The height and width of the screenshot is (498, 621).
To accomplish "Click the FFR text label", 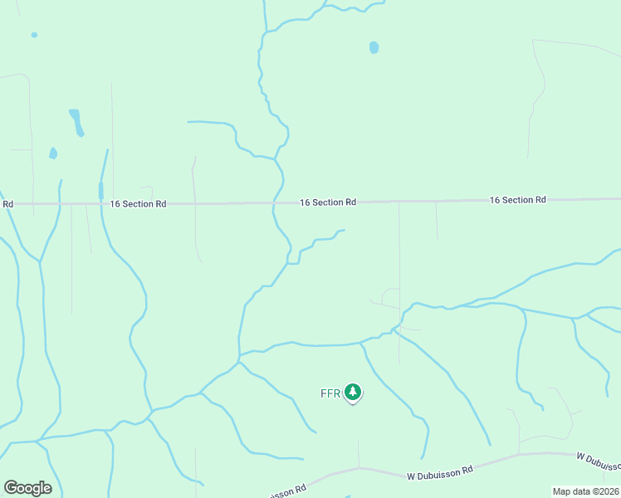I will coord(330,393).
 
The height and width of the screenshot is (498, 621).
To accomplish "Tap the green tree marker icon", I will coord(353,392).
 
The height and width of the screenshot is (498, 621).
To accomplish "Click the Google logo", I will coord(27,488).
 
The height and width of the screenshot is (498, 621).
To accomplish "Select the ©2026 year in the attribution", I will coord(605,491).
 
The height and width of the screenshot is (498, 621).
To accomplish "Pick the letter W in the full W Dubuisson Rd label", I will coord(411,476).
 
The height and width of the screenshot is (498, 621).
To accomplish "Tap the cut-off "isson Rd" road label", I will coord(288,491).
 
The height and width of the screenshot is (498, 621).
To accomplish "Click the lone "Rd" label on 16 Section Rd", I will coord(7,203).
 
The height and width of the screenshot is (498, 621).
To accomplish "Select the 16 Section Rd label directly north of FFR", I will coord(328,202).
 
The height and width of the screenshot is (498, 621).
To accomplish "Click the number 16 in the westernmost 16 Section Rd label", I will coord(115,203).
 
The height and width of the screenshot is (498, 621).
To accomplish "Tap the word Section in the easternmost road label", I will coord(516,200).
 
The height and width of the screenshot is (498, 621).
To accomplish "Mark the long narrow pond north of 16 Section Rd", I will coord(76,122).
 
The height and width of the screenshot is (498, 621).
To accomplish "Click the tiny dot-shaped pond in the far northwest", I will coord(34,35).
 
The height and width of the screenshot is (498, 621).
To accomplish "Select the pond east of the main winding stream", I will coord(374,47).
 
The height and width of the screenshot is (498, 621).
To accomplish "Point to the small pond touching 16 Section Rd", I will coord(101,191).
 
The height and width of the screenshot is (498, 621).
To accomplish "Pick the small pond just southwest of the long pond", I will coord(53,154).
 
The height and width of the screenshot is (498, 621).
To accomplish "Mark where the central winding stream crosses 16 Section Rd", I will coord(275,202).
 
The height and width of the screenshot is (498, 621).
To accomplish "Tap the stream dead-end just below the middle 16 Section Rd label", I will coord(343,230).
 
